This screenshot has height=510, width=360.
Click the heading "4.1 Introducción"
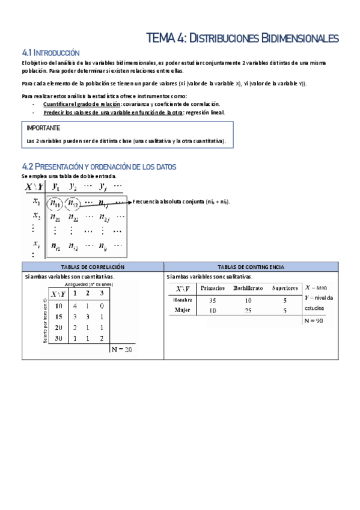click(x=50, y=53)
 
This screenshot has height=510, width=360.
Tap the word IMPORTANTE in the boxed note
click(x=43, y=128)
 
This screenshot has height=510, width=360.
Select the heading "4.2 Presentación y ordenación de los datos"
click(x=99, y=167)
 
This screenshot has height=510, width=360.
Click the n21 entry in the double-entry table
click(x=55, y=217)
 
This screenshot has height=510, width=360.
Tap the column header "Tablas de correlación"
click(x=93, y=266)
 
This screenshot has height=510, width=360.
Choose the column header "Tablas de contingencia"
click(x=252, y=266)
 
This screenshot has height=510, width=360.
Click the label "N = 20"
click(x=121, y=349)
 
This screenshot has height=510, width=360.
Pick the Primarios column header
click(x=213, y=288)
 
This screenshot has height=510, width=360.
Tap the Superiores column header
click(x=285, y=288)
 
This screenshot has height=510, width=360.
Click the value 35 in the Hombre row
click(x=212, y=300)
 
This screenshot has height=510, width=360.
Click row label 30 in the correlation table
click(x=59, y=339)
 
